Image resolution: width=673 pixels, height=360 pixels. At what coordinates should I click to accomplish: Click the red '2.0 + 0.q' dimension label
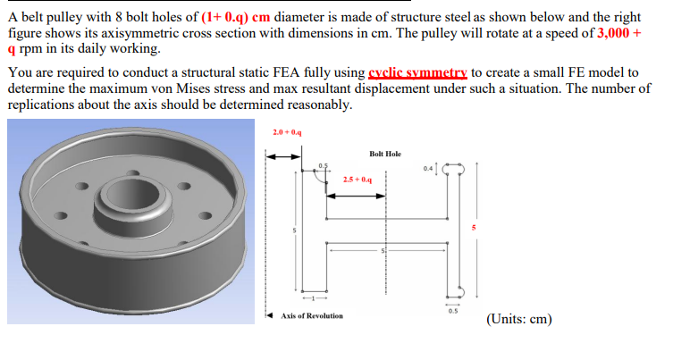(x=287, y=133)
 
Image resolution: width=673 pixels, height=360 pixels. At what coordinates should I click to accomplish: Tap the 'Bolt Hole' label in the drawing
(x=384, y=154)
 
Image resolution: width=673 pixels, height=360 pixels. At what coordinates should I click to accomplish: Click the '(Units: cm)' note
(x=519, y=318)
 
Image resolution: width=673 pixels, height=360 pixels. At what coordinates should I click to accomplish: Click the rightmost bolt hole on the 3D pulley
(x=212, y=215)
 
